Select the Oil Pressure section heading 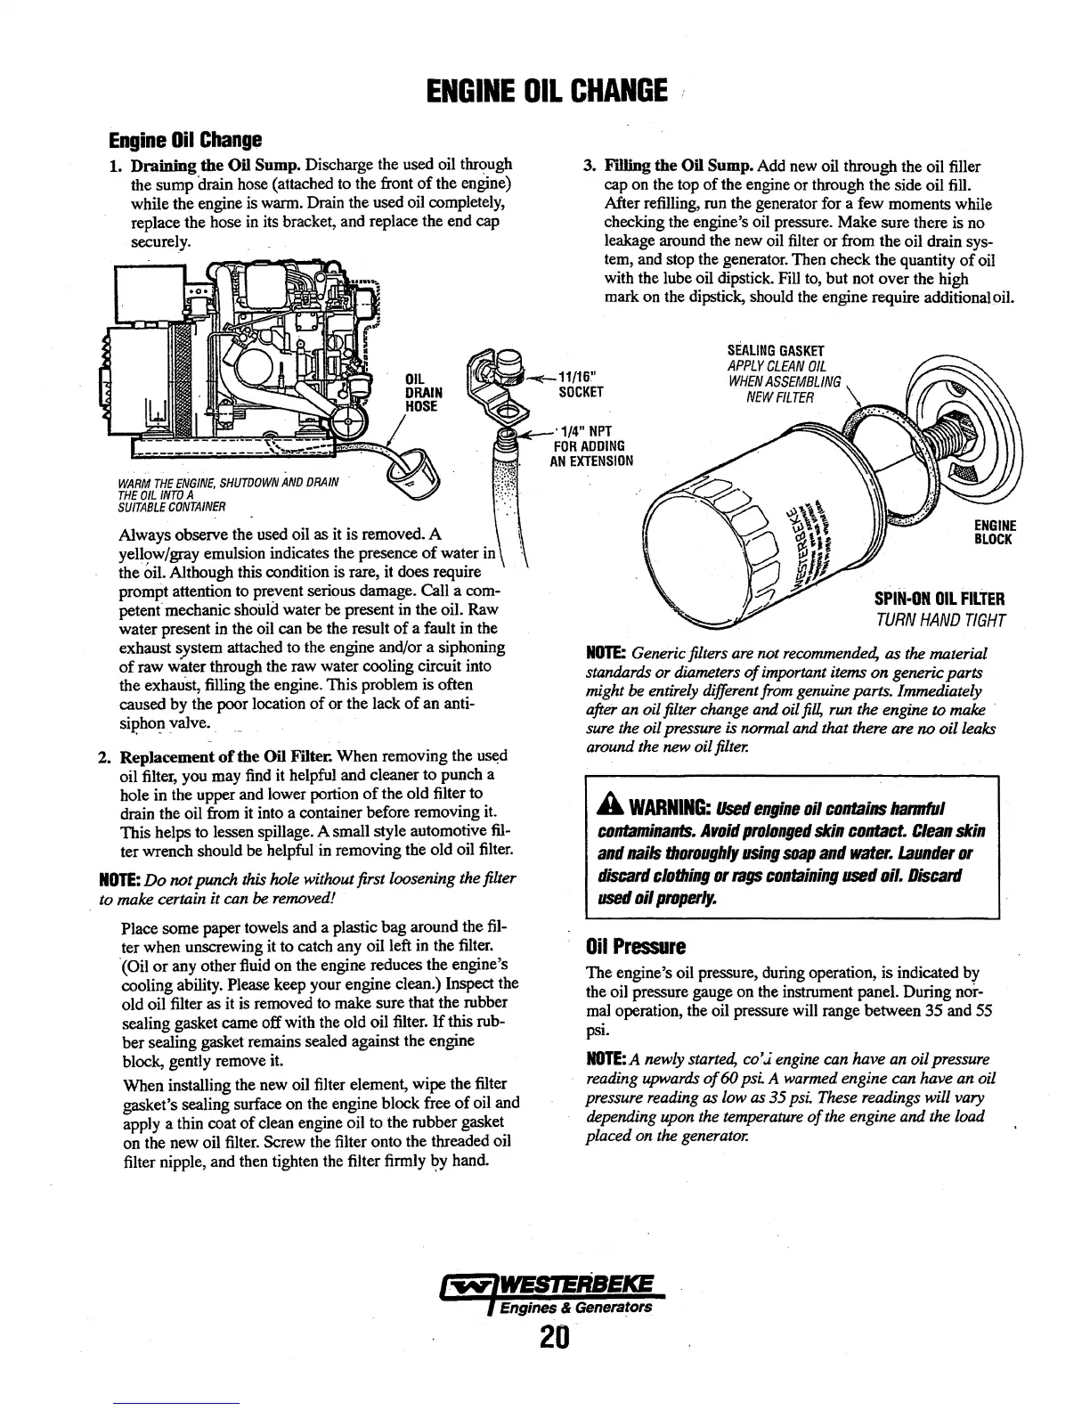pyautogui.click(x=634, y=945)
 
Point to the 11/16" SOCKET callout pyautogui.click(x=581, y=385)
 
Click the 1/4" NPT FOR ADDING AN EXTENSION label pyautogui.click(x=592, y=446)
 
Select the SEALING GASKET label pyautogui.click(x=776, y=350)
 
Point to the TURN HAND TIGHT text pyautogui.click(x=941, y=620)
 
